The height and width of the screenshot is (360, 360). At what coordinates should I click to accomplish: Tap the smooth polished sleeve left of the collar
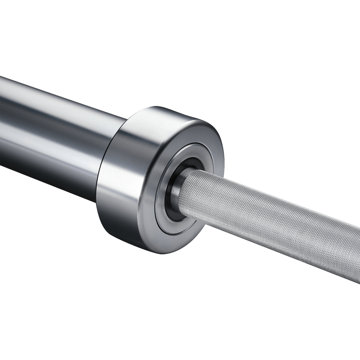pos(54,137)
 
